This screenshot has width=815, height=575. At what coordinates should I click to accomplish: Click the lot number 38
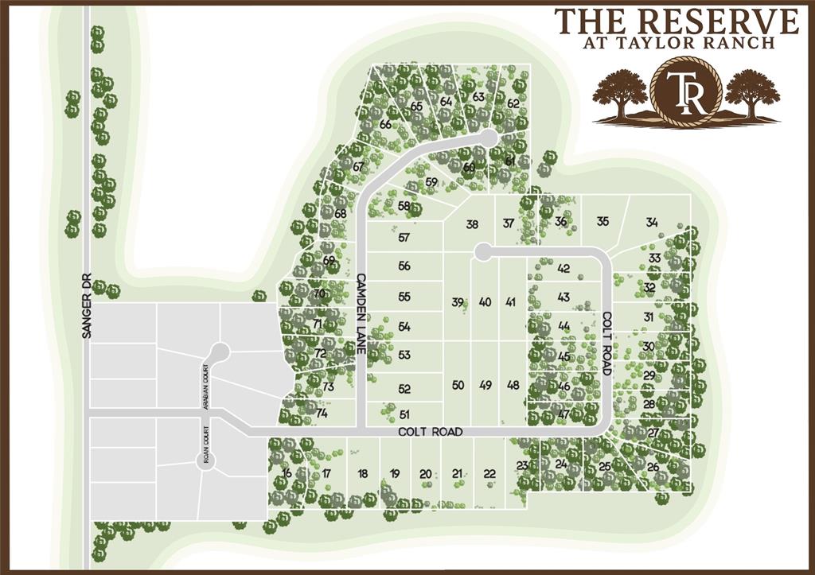click(472, 224)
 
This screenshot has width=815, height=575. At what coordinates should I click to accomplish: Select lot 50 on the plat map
click(458, 385)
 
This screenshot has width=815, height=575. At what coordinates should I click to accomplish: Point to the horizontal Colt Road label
click(430, 432)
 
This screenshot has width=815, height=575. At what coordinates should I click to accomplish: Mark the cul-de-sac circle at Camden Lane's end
click(488, 138)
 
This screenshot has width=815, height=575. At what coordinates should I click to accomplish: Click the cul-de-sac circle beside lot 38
click(482, 252)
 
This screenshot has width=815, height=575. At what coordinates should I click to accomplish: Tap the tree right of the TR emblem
click(751, 93)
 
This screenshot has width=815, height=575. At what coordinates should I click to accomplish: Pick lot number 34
click(652, 222)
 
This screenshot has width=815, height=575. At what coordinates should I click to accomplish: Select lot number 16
click(287, 473)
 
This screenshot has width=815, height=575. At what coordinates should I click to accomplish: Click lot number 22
click(489, 474)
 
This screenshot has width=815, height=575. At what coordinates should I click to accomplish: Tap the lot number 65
click(415, 106)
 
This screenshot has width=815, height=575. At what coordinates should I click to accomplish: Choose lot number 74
click(322, 413)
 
